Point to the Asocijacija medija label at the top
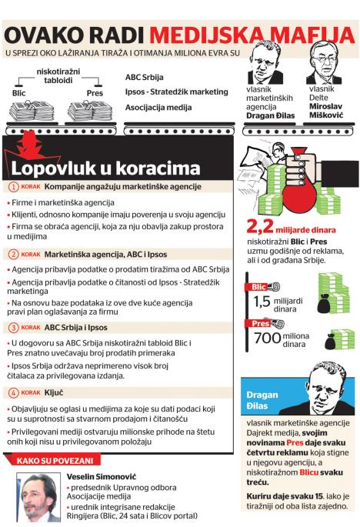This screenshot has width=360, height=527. click(158, 107)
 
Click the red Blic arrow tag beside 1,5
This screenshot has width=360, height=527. click(258, 288)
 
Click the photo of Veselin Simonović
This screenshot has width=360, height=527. click(38, 497)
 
